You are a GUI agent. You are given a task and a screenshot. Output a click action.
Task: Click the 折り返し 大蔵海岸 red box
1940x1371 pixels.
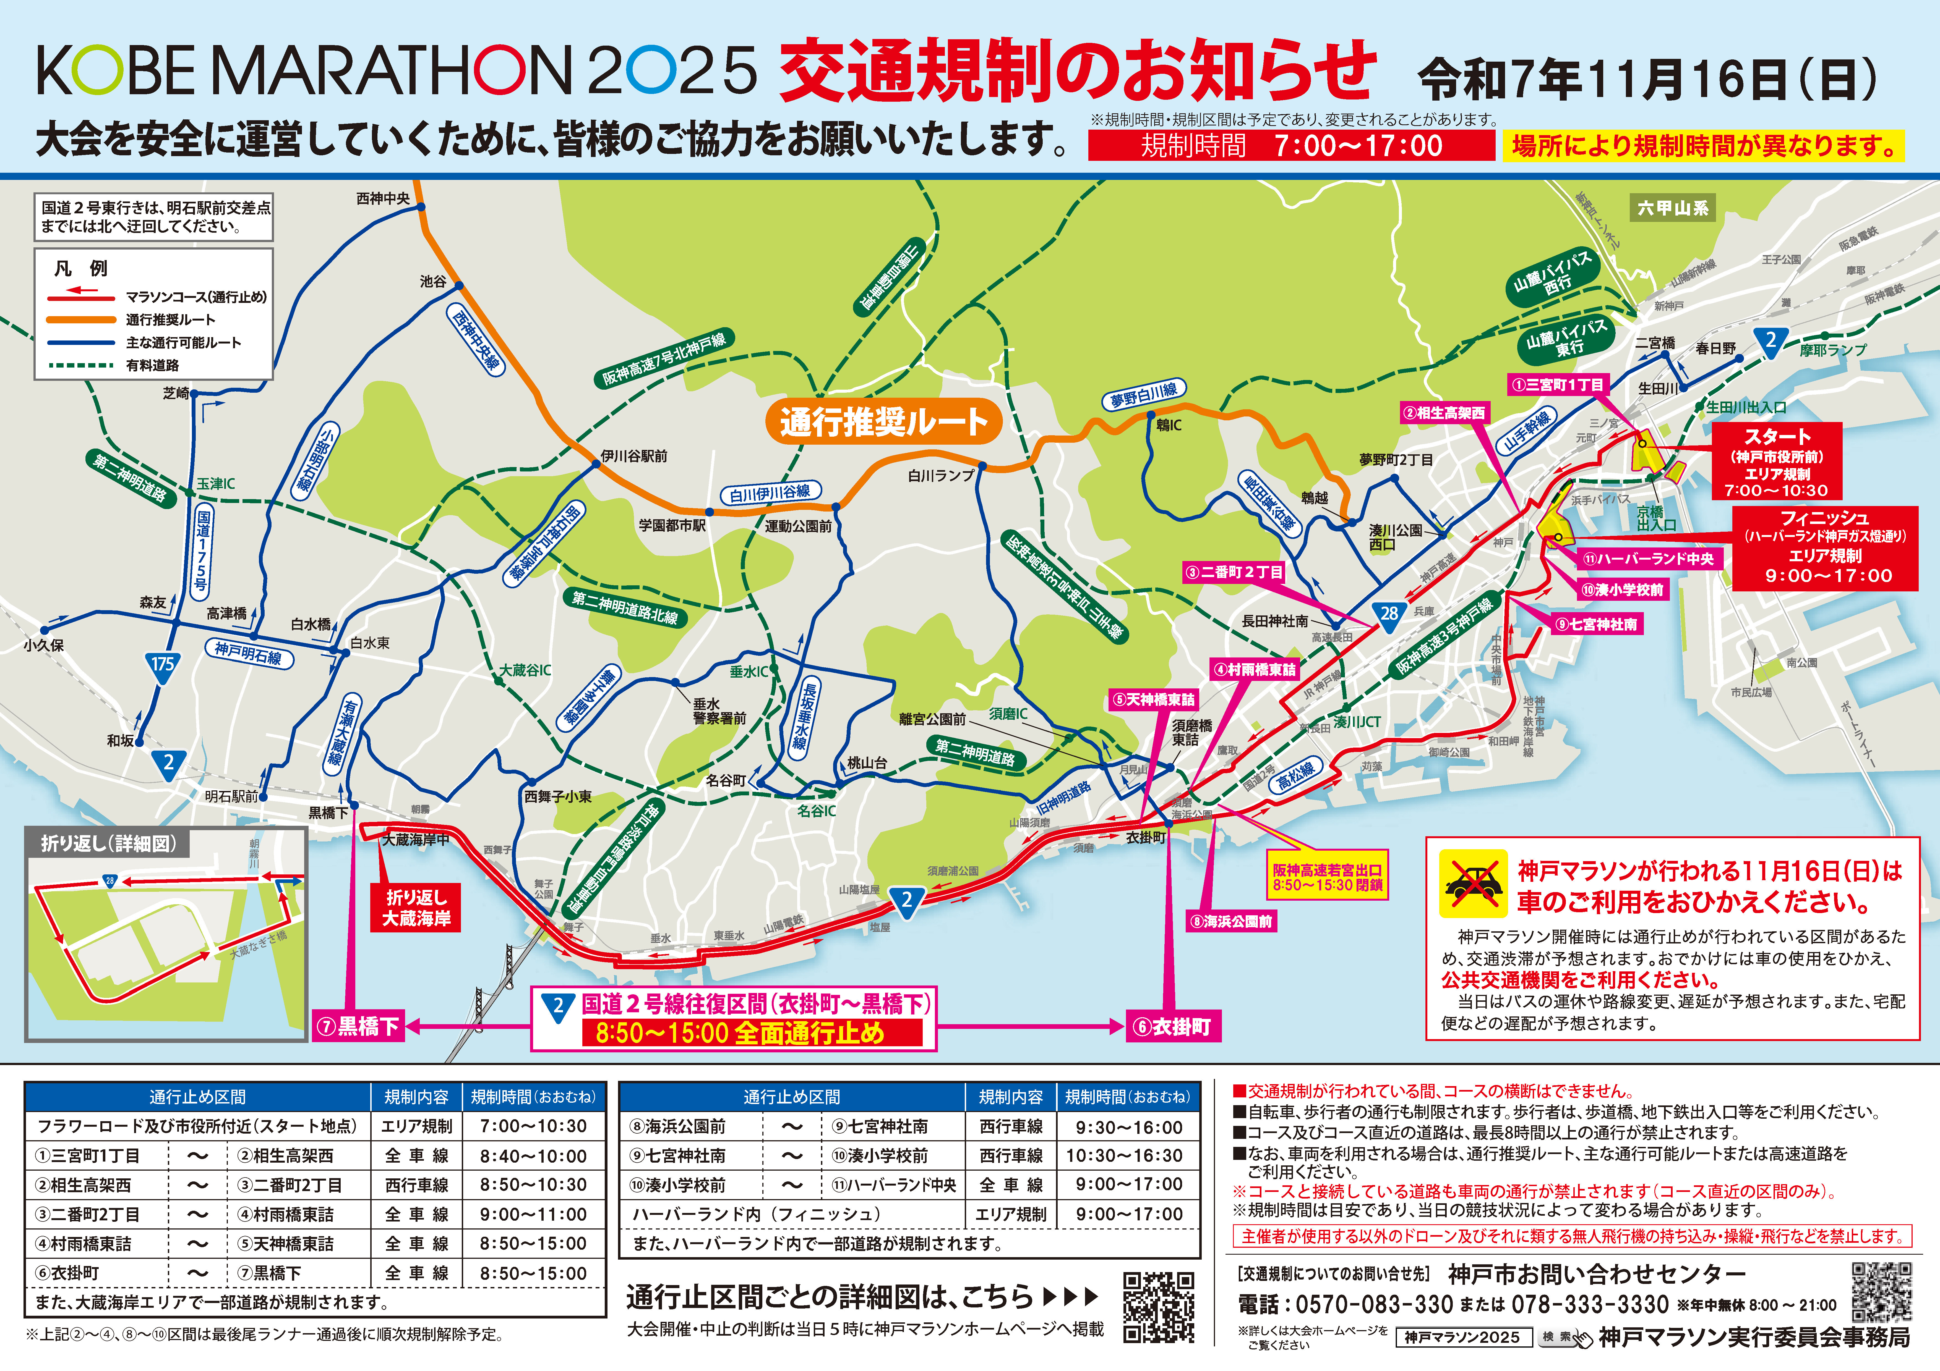pyautogui.click(x=416, y=908)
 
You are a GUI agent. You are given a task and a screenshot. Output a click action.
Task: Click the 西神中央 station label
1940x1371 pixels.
pyautogui.click(x=383, y=198)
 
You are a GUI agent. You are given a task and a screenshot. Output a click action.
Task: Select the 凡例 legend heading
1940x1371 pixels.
pyautogui.click(x=81, y=269)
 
